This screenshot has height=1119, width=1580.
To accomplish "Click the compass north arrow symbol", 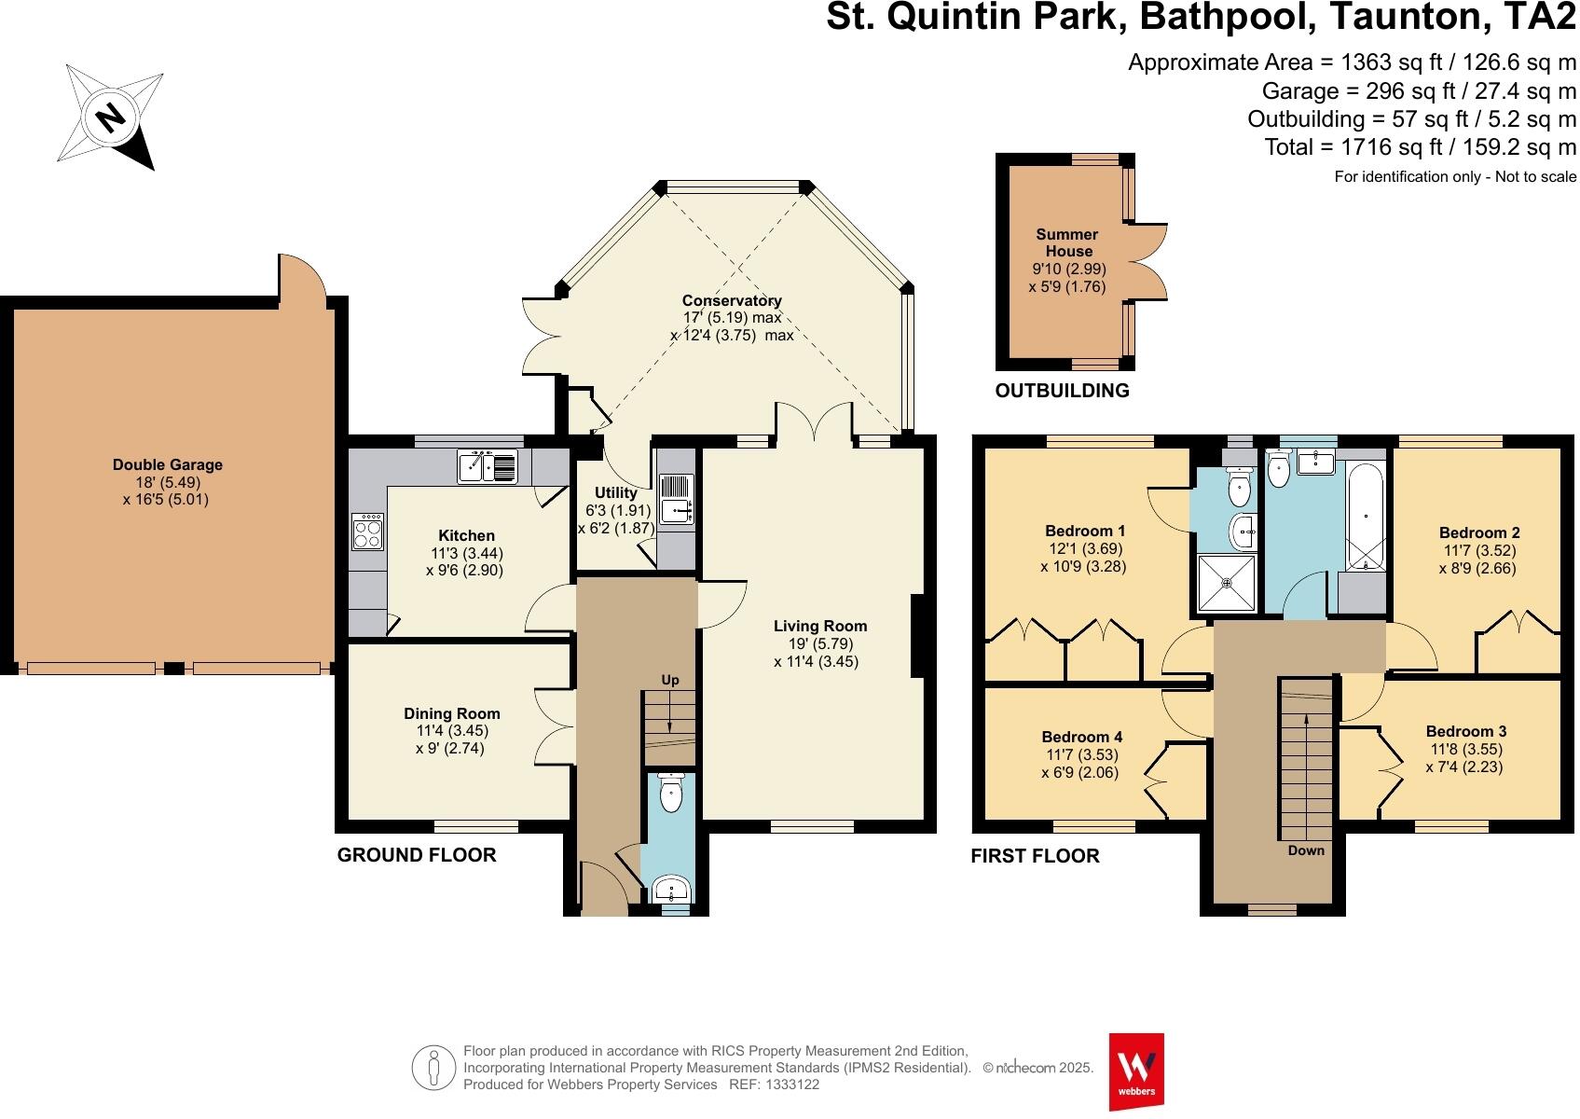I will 110,117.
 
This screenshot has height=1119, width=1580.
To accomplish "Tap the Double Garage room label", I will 168,464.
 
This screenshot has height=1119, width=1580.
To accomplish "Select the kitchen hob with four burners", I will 367,532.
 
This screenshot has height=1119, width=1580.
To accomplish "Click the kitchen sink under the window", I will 488,465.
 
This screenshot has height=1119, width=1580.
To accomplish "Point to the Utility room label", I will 615,492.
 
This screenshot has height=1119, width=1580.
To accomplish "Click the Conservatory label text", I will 731,300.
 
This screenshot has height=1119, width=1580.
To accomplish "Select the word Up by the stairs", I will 670,681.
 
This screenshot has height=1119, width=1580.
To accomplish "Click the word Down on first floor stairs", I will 1307,850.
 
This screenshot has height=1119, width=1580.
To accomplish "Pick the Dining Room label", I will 451,714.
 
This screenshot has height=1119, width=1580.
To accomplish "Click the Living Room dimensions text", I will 816,653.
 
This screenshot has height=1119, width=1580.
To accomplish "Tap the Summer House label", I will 1068,242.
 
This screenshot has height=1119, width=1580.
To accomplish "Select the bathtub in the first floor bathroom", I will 1366,518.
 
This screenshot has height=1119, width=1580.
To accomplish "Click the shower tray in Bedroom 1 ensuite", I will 1227,583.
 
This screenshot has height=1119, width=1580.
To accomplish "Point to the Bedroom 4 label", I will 1082,737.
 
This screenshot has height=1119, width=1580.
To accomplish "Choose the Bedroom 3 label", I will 1465,732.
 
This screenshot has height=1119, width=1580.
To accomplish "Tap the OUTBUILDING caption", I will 1062,391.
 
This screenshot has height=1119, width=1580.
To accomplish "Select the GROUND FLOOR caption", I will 417,854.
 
